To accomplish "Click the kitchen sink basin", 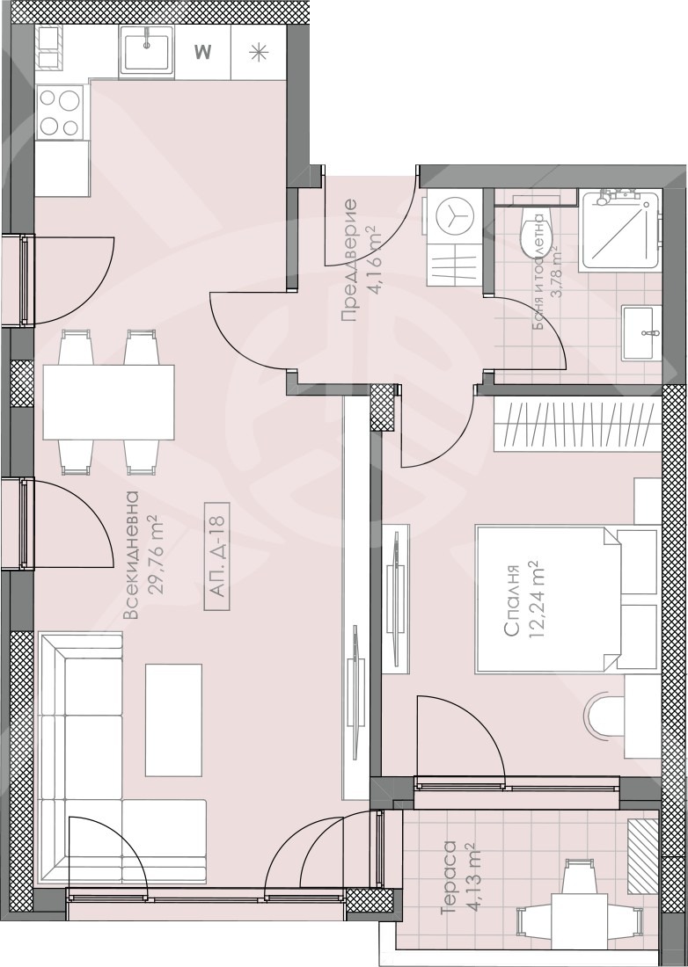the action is coord(146,53).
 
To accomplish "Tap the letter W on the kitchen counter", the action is coord(202,52).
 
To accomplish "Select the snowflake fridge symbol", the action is coord(259,53).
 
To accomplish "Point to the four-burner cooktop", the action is coord(61,112).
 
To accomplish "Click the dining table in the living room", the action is coord(108,402).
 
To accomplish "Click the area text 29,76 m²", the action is coord(157,555).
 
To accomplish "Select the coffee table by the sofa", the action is coord(173,720).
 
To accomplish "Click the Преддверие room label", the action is coord(348,260).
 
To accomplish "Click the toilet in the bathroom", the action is coord(532,237).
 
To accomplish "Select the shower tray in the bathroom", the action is coord(618,229).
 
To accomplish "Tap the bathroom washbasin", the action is coord(641,333).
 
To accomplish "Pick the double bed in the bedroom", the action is coord(567,599).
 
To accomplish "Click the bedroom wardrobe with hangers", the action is coord(577,425).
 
